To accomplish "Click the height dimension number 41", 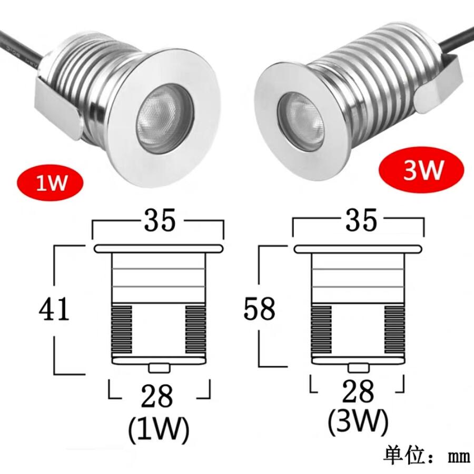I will click(54, 309).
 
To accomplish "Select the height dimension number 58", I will click(259, 309).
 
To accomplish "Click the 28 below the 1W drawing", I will click(159, 396).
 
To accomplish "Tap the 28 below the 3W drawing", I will click(358, 392).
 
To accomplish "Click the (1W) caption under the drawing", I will click(158, 430).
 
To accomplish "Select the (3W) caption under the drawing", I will click(358, 421).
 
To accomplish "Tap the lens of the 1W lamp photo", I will click(160, 114).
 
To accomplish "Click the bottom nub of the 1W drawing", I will click(159, 367).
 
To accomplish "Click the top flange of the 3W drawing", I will click(358, 249).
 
